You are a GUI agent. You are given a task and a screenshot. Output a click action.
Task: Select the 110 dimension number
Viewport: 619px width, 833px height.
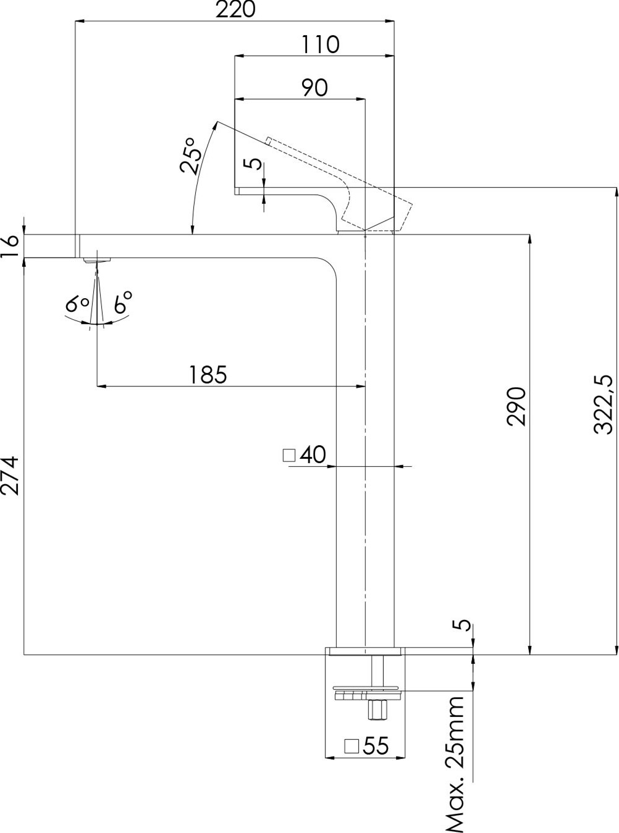321,44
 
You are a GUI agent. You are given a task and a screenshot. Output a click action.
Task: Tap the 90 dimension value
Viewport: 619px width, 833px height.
314,88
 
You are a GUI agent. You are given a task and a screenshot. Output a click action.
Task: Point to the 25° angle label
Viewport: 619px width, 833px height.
191,155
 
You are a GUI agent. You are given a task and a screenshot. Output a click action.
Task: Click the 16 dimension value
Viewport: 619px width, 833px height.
12,246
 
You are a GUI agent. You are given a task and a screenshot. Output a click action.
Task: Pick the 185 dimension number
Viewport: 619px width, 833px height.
208,375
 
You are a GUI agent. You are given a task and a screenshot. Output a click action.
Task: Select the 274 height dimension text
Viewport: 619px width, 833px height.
11,475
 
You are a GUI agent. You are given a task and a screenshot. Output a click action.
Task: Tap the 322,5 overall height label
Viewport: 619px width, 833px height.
604,404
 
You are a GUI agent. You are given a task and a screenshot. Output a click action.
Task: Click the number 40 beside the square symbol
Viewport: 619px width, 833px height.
313,455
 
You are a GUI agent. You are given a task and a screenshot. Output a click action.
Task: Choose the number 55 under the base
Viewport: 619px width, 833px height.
376,746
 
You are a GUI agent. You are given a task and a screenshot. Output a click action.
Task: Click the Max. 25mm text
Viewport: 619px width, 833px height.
457,763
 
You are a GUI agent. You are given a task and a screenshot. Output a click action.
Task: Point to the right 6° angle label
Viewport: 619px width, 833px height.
122,302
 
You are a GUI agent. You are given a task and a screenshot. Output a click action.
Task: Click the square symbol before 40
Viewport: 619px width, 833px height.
288,456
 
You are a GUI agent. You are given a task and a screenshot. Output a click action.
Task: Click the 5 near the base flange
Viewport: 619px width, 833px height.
465,625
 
